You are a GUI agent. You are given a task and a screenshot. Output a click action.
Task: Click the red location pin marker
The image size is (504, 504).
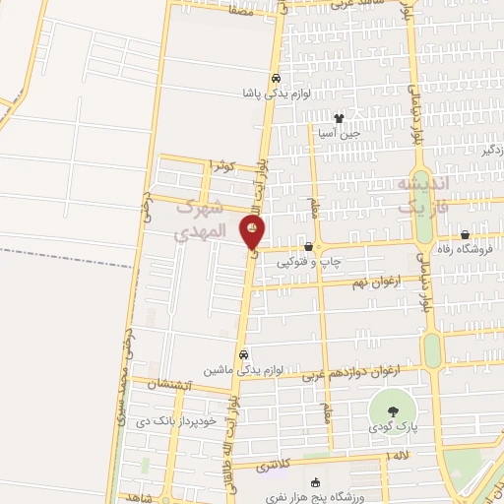point(253,233)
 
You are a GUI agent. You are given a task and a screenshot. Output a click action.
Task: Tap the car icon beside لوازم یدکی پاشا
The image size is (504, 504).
point(277,79)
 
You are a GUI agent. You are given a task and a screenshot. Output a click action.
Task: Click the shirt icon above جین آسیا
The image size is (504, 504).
point(340,118)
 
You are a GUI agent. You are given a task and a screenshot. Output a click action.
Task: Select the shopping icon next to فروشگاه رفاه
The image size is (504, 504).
point(465,234)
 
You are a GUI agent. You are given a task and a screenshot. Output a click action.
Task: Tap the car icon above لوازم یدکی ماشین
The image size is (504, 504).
point(243,355)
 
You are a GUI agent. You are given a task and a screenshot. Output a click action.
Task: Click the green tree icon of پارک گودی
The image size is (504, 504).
point(394,410)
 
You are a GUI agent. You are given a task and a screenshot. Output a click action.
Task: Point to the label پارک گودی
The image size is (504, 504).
point(394,429)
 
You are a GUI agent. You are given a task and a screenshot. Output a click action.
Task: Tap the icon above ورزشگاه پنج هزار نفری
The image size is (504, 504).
point(315,482)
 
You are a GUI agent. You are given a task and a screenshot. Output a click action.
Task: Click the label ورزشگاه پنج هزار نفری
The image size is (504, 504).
point(315,497)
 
